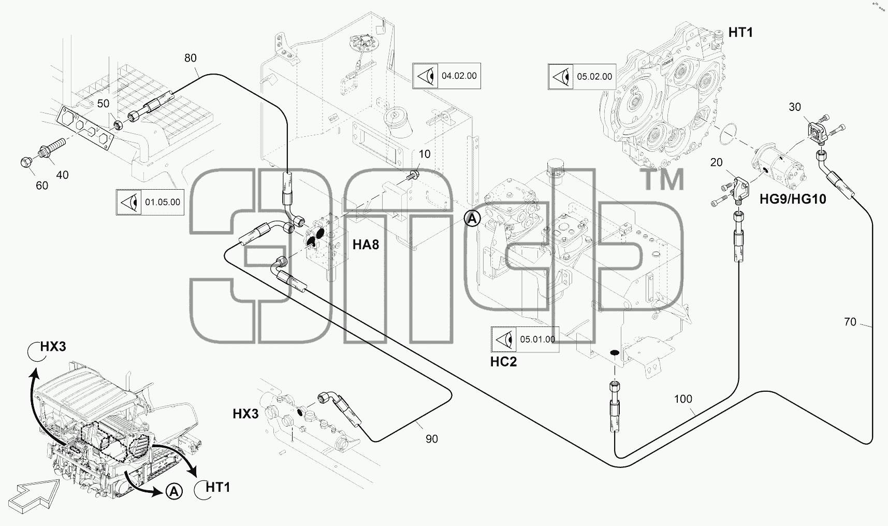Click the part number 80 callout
coord(191,58)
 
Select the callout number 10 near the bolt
coord(425,154)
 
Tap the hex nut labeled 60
coord(26,162)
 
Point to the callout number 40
coord(62,175)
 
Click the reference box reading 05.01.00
coord(525,339)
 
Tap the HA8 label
coord(366,245)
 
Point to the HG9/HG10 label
coord(793,198)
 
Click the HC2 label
coord(503,362)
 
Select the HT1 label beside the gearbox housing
coord(740,33)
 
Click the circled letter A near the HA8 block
coord(472,219)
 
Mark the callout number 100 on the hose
coord(683,399)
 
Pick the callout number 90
coord(431,439)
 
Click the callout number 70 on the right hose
coord(850,322)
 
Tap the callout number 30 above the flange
coord(795,107)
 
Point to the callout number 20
coord(716,163)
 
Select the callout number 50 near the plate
coord(103,104)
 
